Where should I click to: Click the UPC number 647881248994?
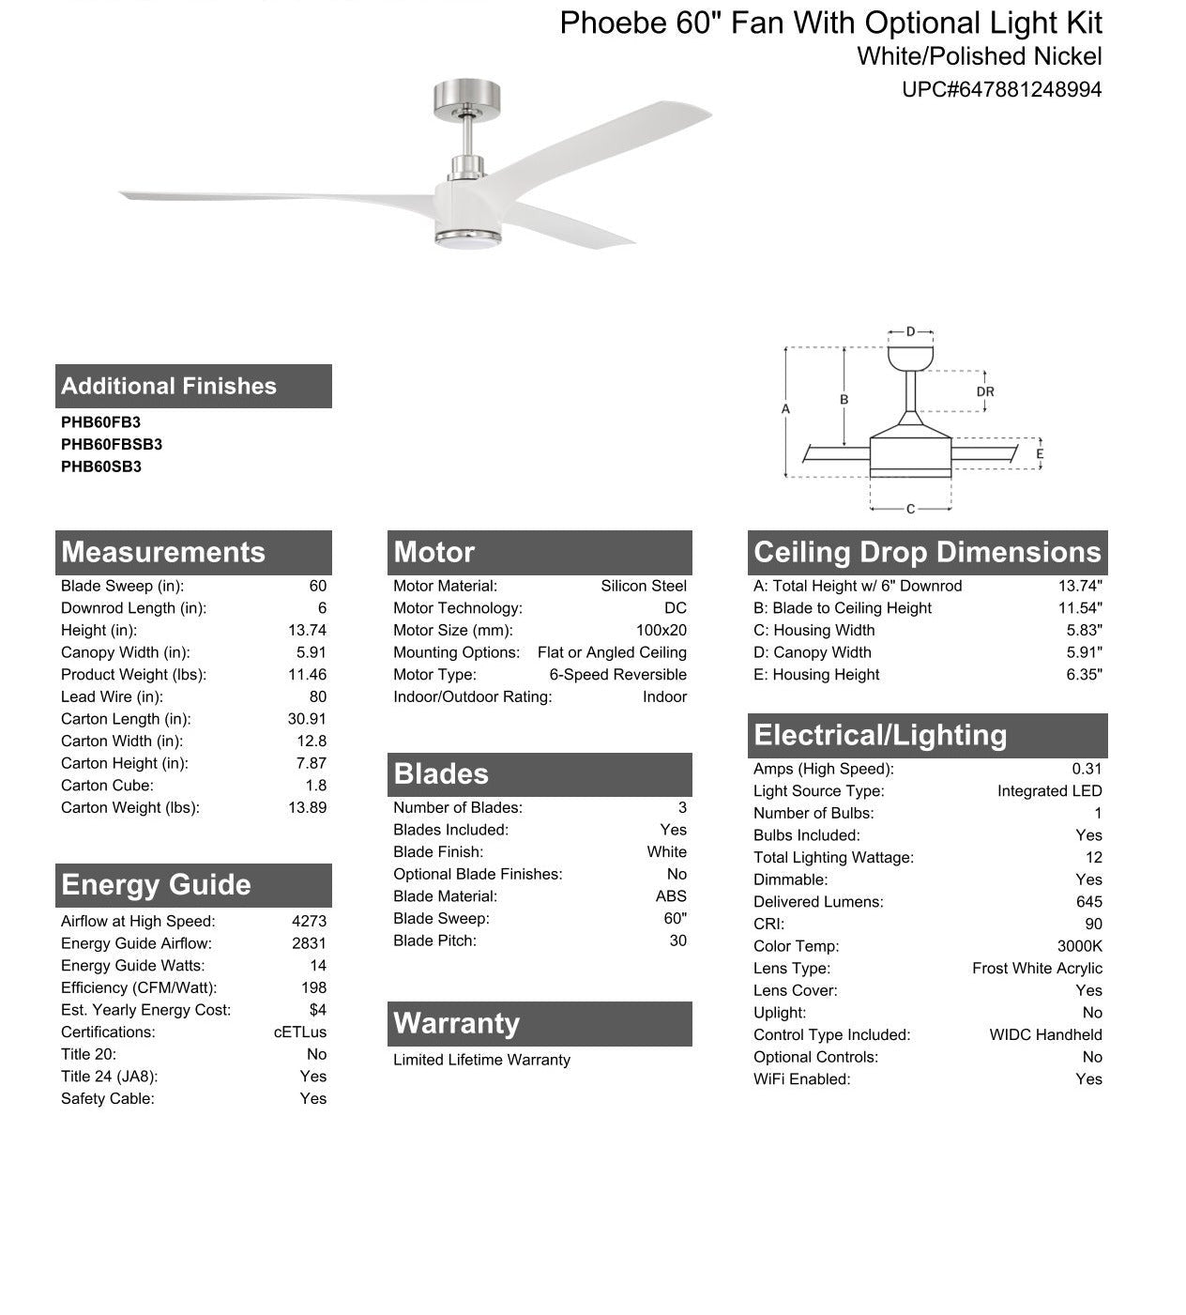(1001, 90)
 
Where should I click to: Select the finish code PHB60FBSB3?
(112, 444)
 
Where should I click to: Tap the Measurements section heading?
(163, 552)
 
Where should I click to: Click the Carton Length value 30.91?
(307, 719)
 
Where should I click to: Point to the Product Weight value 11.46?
(307, 675)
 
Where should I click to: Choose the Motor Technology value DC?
(675, 608)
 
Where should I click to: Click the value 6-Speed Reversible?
(617, 675)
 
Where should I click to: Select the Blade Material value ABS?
(671, 896)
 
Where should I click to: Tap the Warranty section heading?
(456, 1023)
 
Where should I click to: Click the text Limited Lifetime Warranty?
(481, 1060)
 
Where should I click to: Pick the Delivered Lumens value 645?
(1088, 902)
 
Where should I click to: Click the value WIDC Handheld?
(1045, 1034)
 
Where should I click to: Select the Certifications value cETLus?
(300, 1032)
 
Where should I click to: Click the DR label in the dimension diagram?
(984, 391)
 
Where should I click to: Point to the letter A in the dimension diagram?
(785, 409)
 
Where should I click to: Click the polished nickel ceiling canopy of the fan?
(466, 99)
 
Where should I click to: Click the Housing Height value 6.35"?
(1084, 675)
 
